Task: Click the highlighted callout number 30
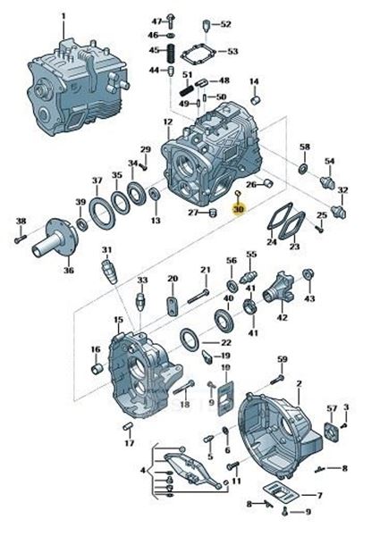(238, 209)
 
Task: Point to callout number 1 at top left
(63, 16)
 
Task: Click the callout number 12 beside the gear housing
(167, 121)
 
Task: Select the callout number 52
(224, 24)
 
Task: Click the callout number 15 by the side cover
(118, 319)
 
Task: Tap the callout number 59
(282, 359)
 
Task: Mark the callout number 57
(332, 409)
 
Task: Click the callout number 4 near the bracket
(140, 470)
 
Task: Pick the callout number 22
(225, 343)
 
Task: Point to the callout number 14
(254, 83)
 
